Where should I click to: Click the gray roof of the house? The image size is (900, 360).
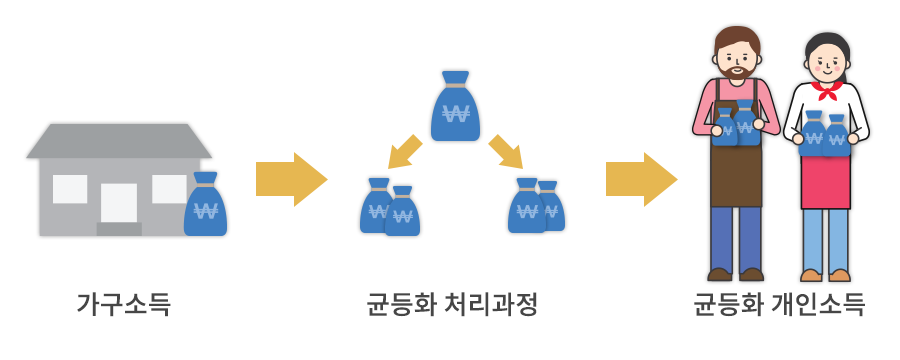118,141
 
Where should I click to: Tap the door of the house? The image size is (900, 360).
118,203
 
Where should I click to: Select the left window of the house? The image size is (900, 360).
70,188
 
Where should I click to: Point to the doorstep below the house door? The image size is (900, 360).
118,229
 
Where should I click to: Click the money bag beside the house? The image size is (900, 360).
205,207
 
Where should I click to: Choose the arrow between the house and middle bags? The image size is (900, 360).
290,180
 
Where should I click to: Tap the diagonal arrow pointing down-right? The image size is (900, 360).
506,152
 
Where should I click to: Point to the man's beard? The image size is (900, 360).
737,72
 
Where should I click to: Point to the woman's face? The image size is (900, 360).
825,62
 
